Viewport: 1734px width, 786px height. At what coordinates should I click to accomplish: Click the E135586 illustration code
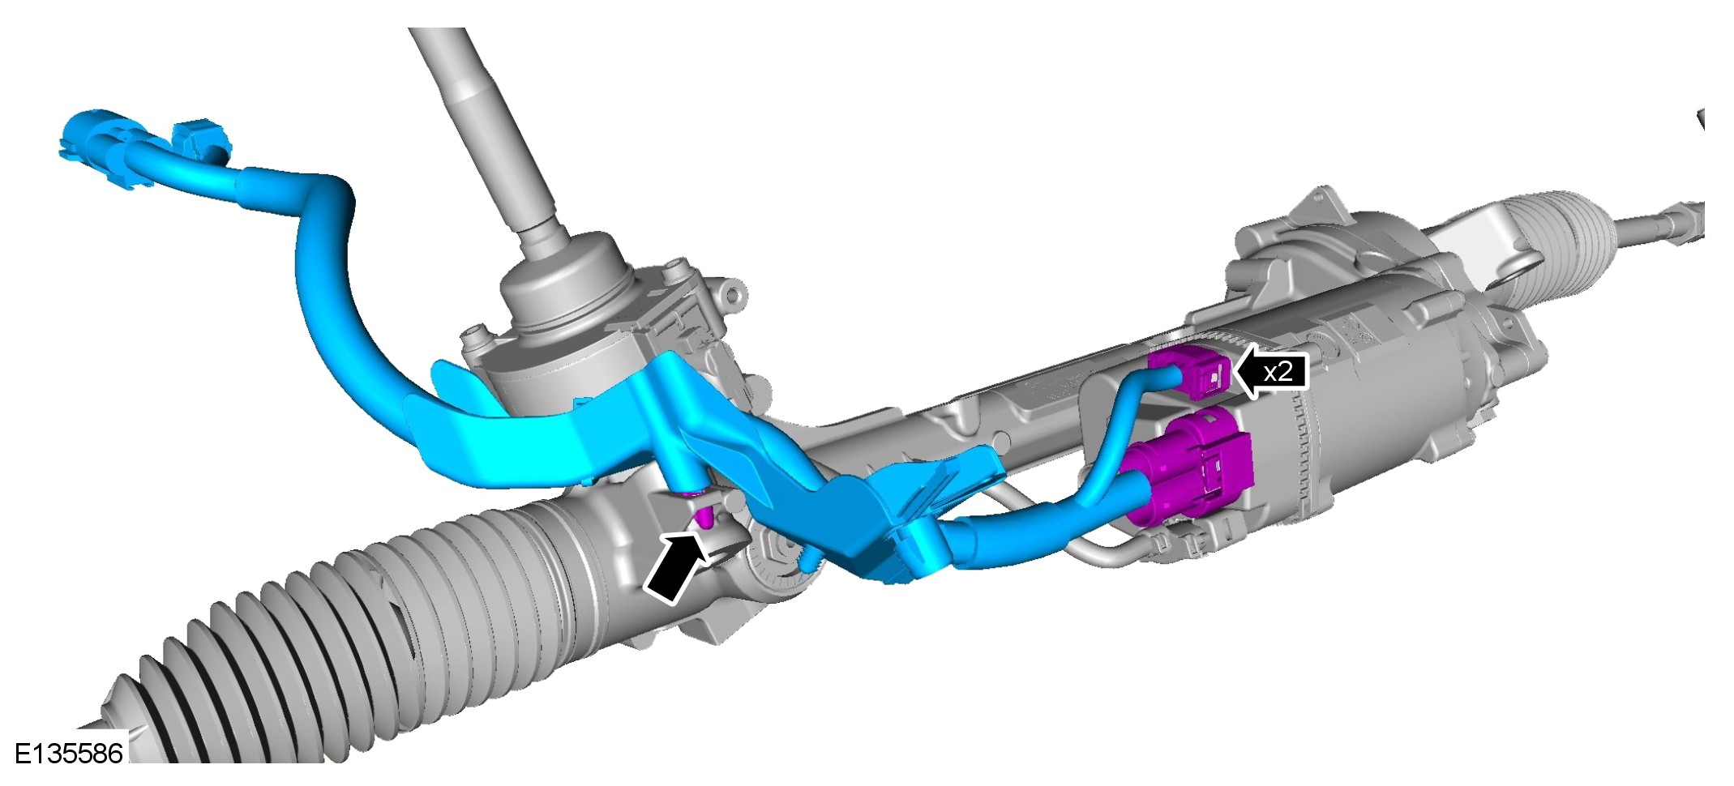pos(69,753)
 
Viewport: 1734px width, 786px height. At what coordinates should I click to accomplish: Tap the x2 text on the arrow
pos(1278,372)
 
